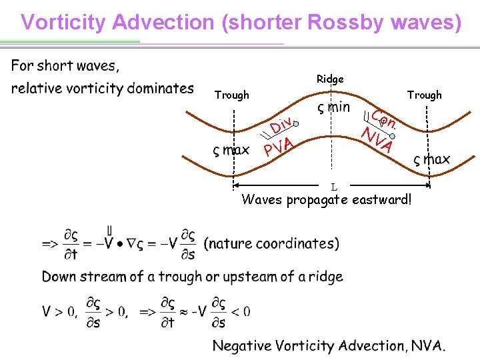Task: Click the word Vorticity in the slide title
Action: [x=64, y=22]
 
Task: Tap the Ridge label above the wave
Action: [x=330, y=79]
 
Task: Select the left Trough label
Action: [x=231, y=95]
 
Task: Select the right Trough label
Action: [x=425, y=95]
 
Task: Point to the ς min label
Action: [x=333, y=107]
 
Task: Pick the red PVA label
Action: [x=279, y=145]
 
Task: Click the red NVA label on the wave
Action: [x=377, y=139]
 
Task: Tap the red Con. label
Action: [x=385, y=119]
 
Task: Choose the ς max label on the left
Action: [x=231, y=151]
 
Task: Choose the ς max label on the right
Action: [x=431, y=160]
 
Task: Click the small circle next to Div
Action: [x=297, y=124]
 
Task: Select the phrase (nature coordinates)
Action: [x=271, y=243]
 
